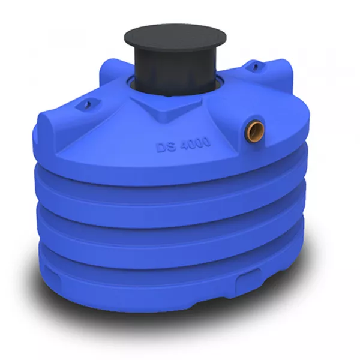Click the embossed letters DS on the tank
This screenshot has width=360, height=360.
166,146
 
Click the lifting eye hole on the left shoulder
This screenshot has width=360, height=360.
87,104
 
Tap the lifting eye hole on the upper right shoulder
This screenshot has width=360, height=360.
256,67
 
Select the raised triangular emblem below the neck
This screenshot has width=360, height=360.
166,109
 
